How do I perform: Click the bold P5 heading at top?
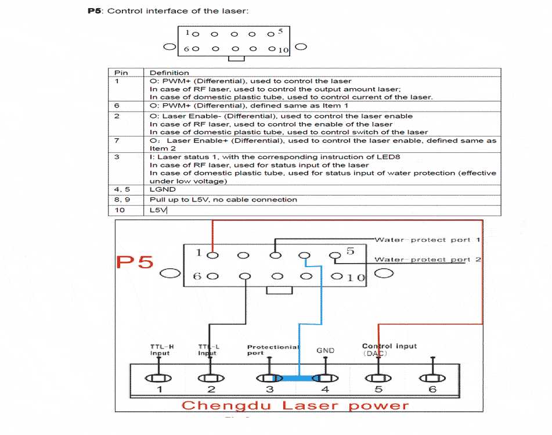[95, 11]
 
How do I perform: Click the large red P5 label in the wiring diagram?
[135, 263]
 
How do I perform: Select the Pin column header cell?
[121, 73]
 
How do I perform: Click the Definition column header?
[169, 73]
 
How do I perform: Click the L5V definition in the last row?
[158, 210]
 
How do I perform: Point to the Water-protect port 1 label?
[427, 239]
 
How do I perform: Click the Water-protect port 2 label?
[427, 259]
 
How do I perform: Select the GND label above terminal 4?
[325, 350]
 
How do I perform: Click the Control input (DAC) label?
[389, 350]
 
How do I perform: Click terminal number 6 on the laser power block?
[432, 389]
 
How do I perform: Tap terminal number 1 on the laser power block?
[160, 389]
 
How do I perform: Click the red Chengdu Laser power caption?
[295, 405]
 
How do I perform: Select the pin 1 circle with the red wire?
[214, 254]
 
